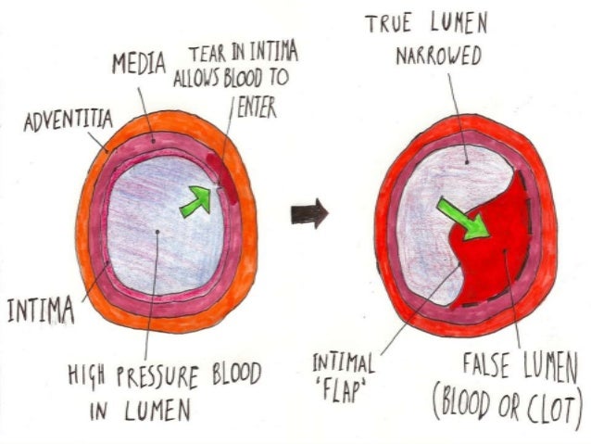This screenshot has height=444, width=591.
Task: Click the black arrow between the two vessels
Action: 309,214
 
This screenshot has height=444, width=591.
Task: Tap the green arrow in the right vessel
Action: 462,217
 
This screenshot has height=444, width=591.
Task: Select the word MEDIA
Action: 139,65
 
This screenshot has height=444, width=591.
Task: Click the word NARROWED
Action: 439,57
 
